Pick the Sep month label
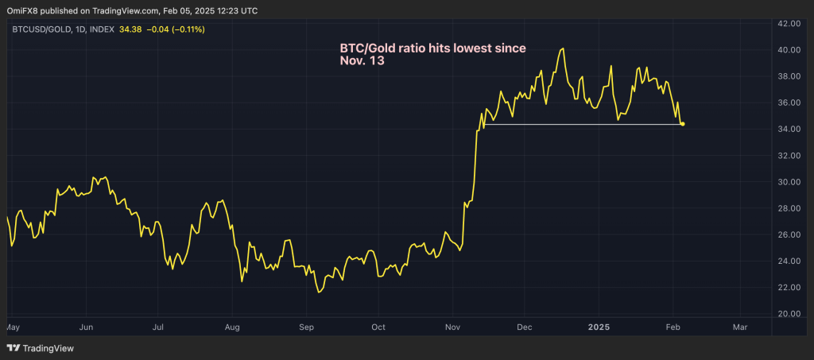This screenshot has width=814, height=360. (307, 327)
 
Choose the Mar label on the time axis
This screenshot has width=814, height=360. (740, 327)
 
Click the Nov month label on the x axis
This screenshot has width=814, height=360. (453, 327)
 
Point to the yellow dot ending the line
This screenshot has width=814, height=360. (683, 124)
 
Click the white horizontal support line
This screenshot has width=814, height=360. (580, 124)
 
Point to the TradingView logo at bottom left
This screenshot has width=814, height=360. (39, 348)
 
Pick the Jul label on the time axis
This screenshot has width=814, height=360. (158, 327)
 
